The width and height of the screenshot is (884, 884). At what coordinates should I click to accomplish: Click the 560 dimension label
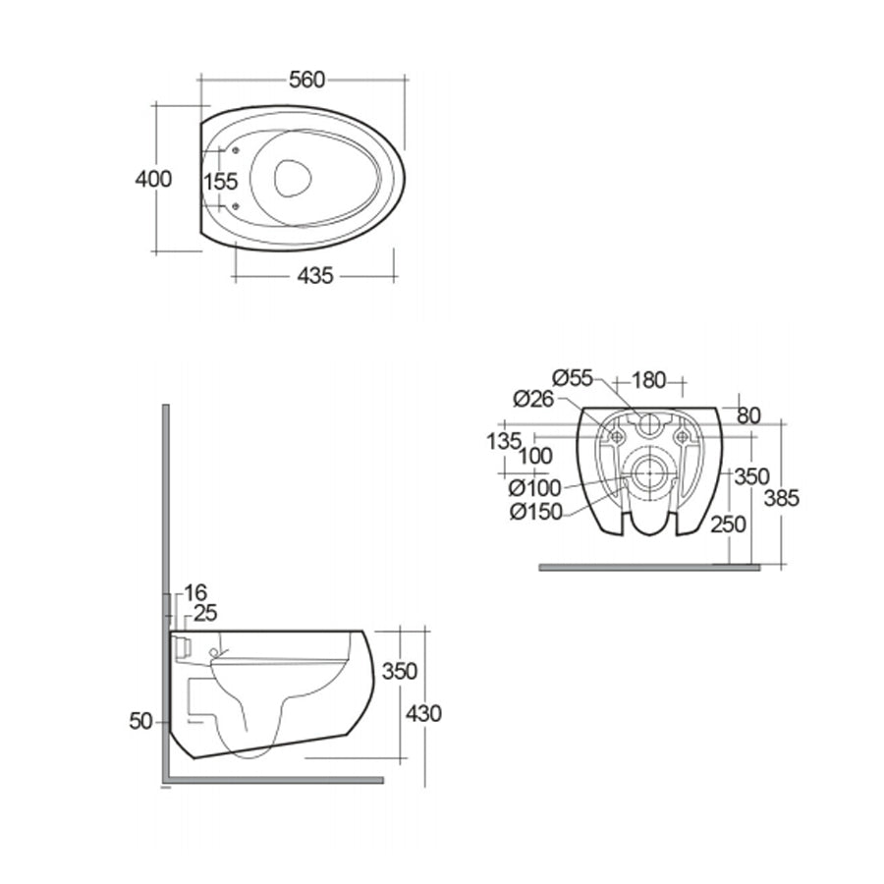pos(307,81)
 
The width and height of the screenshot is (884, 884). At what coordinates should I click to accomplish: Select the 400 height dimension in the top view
pos(153,180)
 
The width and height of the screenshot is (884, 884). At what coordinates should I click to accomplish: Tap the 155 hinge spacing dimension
pos(221,182)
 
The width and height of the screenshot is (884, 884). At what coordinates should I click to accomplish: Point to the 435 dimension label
pos(315,276)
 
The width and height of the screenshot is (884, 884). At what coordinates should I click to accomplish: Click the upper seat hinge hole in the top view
pos(236,150)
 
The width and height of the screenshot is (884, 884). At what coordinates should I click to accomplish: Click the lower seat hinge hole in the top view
pos(236,206)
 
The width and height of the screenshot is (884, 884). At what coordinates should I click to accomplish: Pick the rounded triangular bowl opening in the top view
pos(293,178)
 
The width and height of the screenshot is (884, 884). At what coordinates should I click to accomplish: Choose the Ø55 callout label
pos(573,377)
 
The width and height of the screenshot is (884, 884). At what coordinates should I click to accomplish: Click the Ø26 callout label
pos(534,399)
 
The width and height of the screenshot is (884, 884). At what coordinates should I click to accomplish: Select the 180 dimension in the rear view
pos(648,380)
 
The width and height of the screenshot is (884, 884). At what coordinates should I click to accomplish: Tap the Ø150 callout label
pos(536,512)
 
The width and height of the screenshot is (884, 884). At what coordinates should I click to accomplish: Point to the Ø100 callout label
pos(535,487)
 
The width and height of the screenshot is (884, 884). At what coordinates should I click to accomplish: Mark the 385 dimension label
pos(782,498)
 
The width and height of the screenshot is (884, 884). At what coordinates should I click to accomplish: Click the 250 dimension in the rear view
pos(728,525)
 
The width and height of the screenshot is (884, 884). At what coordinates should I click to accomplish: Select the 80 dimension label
pos(748,415)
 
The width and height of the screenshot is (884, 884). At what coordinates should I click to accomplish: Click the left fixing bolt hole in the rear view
pos(618,436)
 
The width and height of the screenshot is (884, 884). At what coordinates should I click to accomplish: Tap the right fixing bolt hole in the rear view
pos(683,436)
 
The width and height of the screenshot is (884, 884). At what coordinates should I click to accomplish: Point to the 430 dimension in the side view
pos(423,714)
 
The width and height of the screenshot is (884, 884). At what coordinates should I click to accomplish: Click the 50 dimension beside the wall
pos(140,721)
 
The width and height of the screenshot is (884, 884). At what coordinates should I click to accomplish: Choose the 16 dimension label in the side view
pos(195,592)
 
